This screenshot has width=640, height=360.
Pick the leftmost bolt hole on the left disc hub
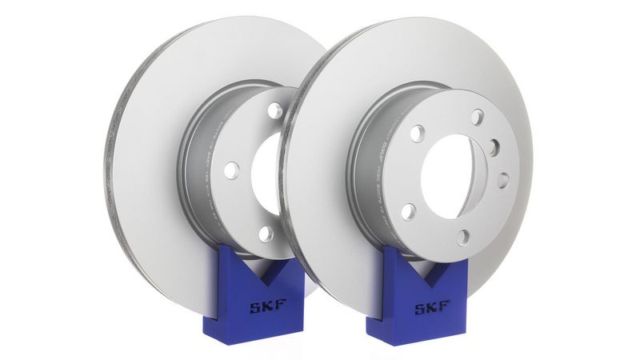(231, 170)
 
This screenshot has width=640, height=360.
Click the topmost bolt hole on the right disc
(477, 117)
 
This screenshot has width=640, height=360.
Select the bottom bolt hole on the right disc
(462, 237)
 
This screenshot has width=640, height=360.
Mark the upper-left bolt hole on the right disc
(417, 134)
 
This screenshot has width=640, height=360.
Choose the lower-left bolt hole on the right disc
(408, 212)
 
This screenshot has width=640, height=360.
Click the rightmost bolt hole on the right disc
(502, 180)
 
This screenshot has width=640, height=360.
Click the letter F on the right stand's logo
(443, 306)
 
